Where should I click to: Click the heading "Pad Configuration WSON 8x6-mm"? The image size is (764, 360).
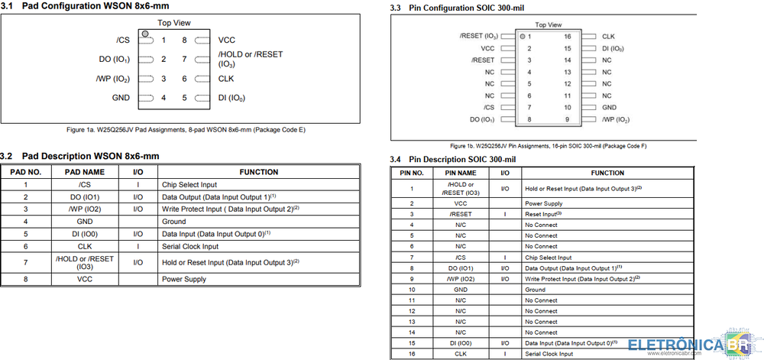pyautogui.click(x=95, y=6)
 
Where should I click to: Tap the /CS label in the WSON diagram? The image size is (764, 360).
pyautogui.click(x=122, y=41)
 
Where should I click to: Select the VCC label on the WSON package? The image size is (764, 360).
pyautogui.click(x=226, y=41)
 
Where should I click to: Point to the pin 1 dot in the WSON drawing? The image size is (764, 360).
pyautogui.click(x=144, y=34)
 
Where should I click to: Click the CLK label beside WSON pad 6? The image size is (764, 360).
pyautogui.click(x=226, y=79)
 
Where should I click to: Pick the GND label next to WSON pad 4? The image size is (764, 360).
pyautogui.click(x=121, y=98)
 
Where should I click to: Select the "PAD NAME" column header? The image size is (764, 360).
pyautogui.click(x=85, y=173)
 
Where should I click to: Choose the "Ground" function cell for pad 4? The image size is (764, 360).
pyautogui.click(x=173, y=222)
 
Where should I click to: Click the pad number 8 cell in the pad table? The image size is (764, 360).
pyautogui.click(x=26, y=280)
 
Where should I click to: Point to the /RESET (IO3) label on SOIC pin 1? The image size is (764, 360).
pyautogui.click(x=479, y=36)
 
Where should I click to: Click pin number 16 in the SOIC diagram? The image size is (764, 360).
pyautogui.click(x=568, y=36)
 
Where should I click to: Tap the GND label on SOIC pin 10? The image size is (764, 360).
pyautogui.click(x=609, y=108)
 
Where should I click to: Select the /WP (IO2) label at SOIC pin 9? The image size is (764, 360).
pyautogui.click(x=616, y=120)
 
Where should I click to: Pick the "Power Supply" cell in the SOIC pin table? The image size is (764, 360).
pyautogui.click(x=543, y=204)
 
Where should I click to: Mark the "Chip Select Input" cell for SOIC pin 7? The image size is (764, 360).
pyautogui.click(x=548, y=258)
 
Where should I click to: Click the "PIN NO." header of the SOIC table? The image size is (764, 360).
pyautogui.click(x=412, y=174)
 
